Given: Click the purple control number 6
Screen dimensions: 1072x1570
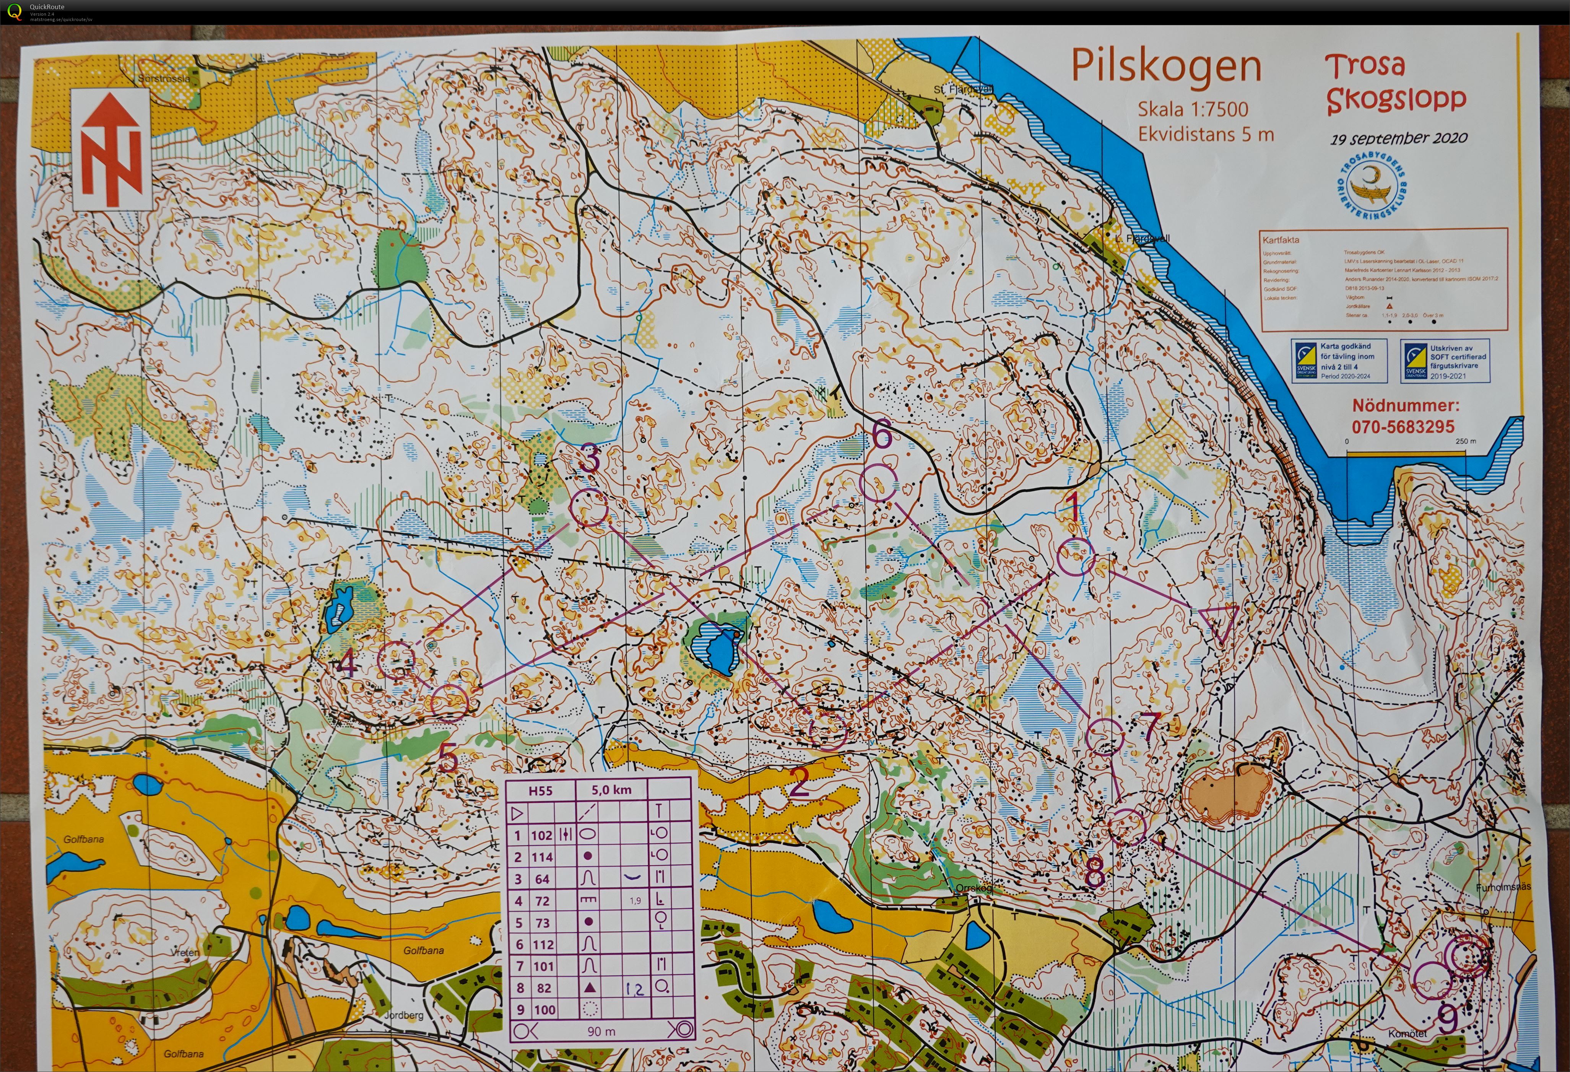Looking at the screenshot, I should (882, 435).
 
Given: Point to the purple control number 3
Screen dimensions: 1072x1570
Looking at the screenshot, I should (590, 458).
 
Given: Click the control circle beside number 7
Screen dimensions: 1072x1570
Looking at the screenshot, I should (1105, 735).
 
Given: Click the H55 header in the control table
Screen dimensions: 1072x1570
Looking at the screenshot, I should (540, 790).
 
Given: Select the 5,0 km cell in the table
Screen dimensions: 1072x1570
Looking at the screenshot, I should (611, 790).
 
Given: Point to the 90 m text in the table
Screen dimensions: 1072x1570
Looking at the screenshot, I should (601, 1031).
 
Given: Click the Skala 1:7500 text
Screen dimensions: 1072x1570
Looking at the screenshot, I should (1193, 109).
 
